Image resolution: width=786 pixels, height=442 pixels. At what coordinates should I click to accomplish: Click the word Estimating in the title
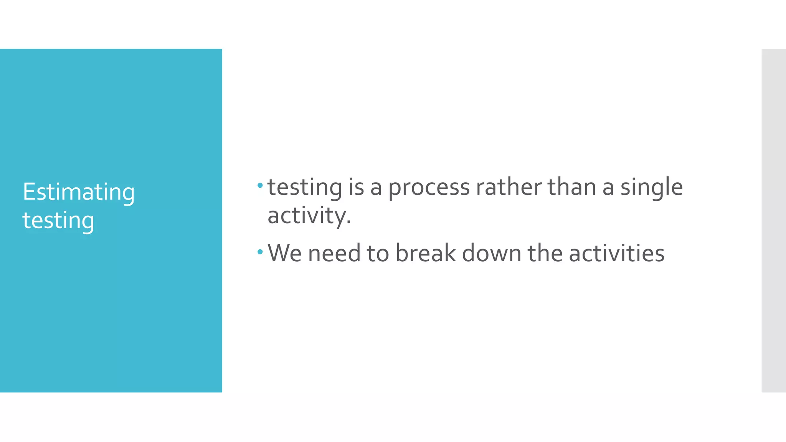tap(79, 192)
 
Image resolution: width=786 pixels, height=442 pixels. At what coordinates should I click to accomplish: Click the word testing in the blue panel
tap(58, 221)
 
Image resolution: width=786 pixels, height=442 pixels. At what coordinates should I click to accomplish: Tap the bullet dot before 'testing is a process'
tap(260, 186)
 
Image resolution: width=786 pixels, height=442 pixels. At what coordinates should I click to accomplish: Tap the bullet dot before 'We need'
tap(260, 252)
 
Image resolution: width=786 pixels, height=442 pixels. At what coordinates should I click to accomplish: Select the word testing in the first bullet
tap(304, 188)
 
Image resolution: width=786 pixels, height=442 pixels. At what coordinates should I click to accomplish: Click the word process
tap(429, 188)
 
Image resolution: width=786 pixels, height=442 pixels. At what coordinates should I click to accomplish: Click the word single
tap(651, 188)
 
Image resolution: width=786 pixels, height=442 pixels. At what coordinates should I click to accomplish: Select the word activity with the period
tap(309, 216)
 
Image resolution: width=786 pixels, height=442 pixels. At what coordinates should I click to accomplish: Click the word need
tap(334, 253)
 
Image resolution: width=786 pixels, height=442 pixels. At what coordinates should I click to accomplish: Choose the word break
tap(425, 253)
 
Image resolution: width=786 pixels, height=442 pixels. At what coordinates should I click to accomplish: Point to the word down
tap(491, 253)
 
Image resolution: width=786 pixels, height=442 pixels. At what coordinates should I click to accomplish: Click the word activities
tap(616, 253)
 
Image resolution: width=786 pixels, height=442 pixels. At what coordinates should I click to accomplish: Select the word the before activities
tap(545, 253)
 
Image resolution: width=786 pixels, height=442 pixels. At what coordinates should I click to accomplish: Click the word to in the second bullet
tap(378, 253)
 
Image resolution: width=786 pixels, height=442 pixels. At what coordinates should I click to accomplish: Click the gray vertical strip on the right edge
tap(773, 220)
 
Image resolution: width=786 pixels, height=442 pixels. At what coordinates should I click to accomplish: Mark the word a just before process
tap(376, 188)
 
